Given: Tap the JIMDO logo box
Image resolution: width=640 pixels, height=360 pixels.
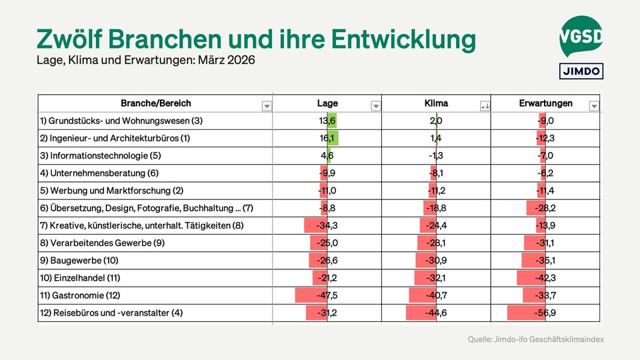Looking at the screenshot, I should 581,71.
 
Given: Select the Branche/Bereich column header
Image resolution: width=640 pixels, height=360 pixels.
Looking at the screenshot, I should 155,103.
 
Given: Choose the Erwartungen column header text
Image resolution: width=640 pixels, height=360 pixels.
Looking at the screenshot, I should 545,103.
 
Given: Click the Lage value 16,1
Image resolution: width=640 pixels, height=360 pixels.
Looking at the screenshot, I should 327,138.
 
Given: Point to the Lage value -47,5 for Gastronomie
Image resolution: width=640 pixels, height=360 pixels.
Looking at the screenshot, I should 327,295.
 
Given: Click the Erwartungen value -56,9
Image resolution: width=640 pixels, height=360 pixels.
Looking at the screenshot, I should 545,313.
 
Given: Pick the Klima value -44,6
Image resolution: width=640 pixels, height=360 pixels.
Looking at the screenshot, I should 436,313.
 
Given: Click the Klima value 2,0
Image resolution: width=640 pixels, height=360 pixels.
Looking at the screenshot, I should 436,121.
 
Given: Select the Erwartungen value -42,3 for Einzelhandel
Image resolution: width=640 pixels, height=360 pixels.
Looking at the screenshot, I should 545,278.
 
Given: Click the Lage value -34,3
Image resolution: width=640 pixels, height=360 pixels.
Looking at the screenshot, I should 327,225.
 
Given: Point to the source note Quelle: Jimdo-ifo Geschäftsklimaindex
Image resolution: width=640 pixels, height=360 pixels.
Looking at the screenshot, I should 535,340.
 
